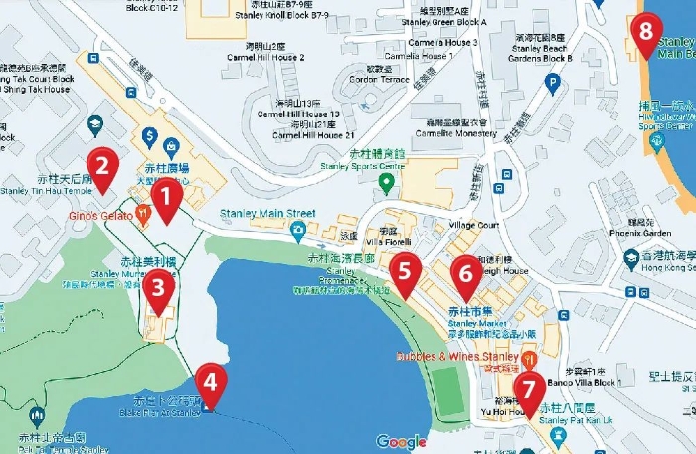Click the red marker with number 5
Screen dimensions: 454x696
pyautogui.click(x=404, y=270)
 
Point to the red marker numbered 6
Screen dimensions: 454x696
pyautogui.click(x=465, y=272)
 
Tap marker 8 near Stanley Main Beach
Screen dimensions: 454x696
pyautogui.click(x=646, y=31)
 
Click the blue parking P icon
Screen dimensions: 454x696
pyautogui.click(x=553, y=84)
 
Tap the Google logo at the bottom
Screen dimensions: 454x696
pyautogui.click(x=401, y=442)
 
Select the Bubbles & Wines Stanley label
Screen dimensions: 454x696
pyautogui.click(x=458, y=355)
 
